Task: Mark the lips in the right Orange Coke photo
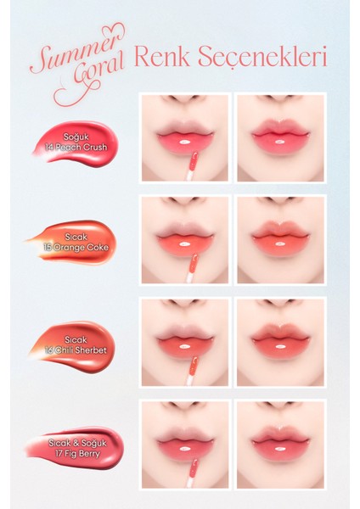pos(281,232)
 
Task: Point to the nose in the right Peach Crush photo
pos(280,99)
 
